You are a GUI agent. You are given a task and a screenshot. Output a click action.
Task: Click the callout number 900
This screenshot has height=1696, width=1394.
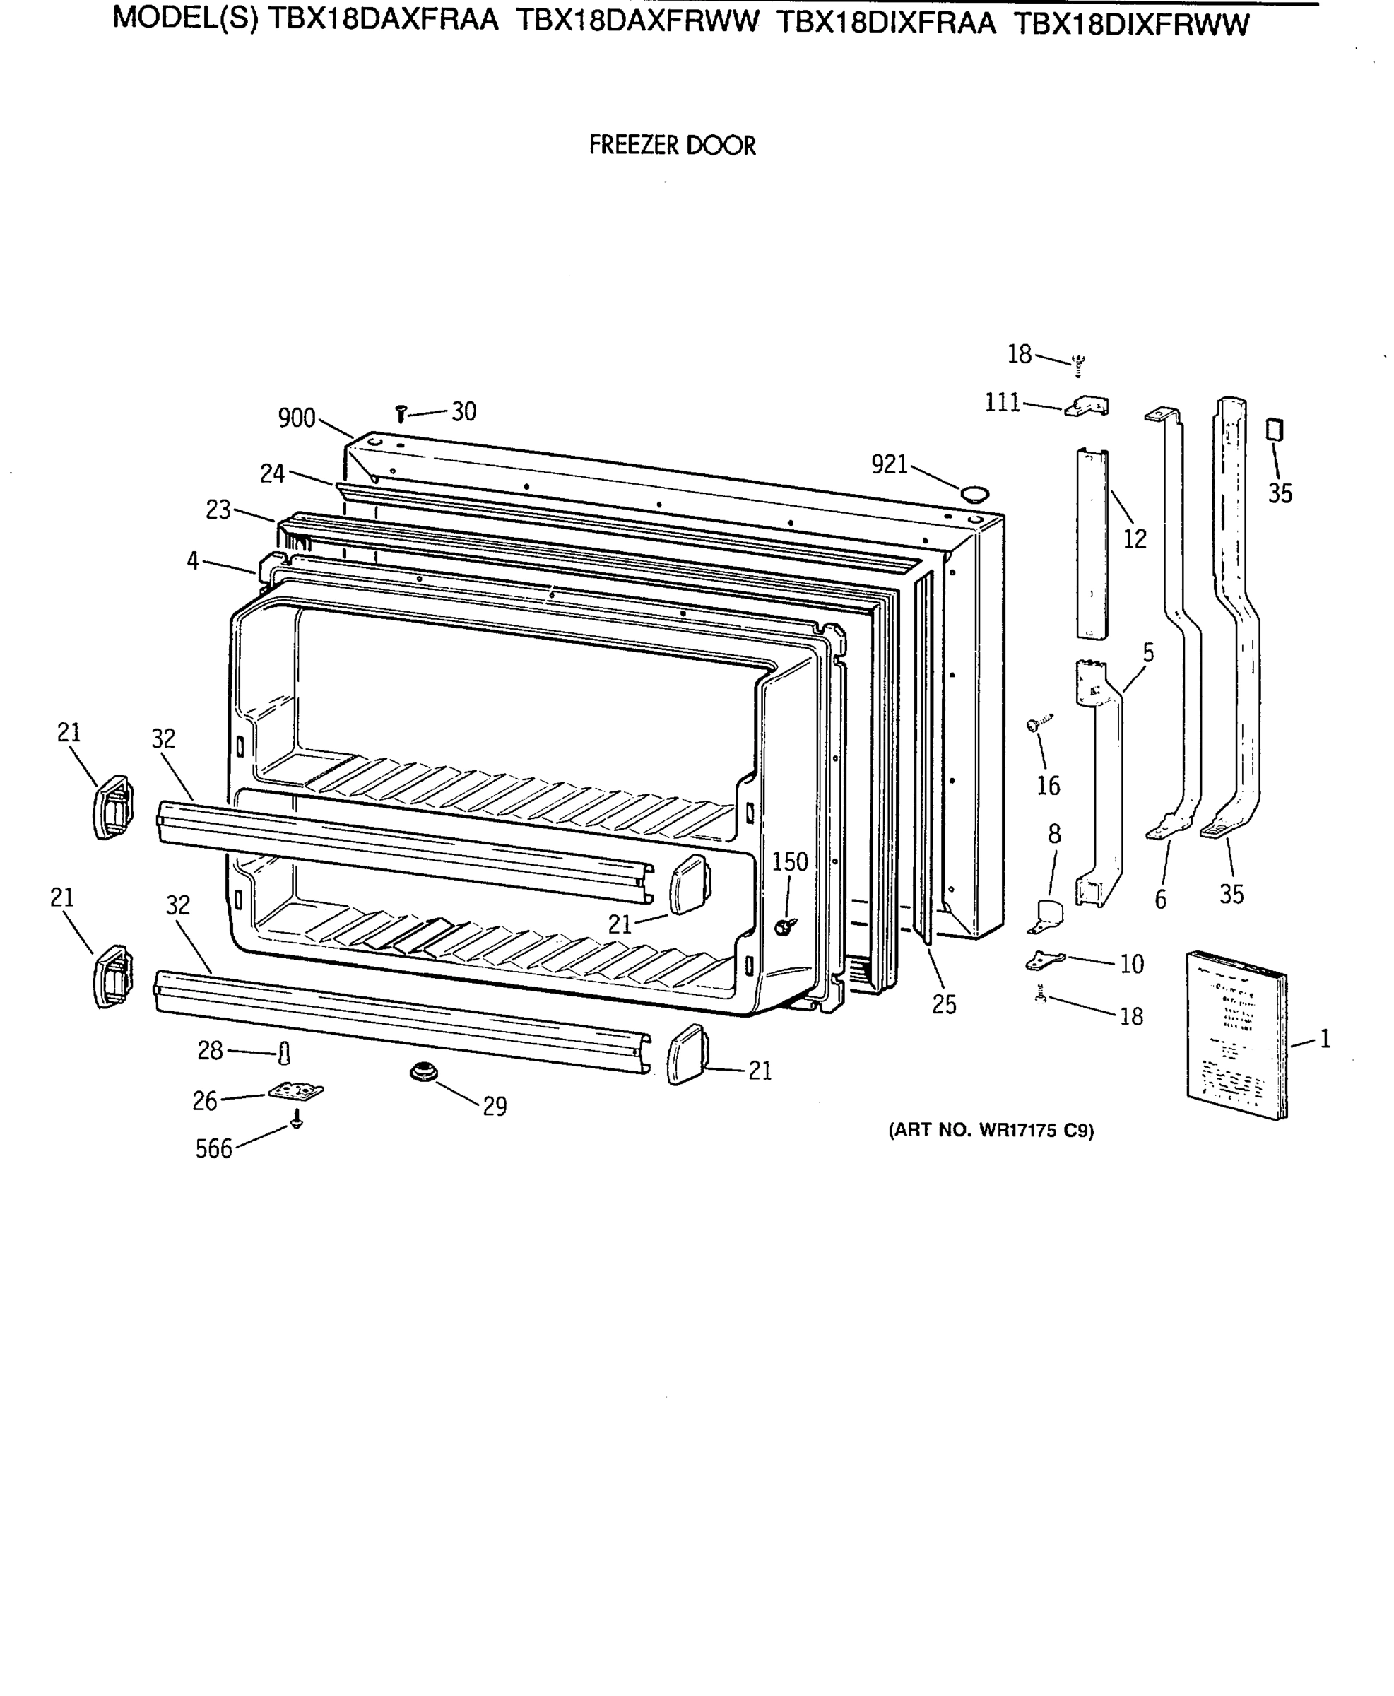pyautogui.click(x=296, y=418)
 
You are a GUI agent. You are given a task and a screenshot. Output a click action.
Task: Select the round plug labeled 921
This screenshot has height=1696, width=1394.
pyautogui.click(x=974, y=493)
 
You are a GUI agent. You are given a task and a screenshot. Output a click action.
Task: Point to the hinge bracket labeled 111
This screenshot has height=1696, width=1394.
pyautogui.click(x=1087, y=406)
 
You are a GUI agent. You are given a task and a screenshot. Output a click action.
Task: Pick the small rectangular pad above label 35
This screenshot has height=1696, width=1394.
pyautogui.click(x=1275, y=430)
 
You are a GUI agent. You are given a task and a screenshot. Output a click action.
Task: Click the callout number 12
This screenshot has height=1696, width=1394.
pyautogui.click(x=1135, y=538)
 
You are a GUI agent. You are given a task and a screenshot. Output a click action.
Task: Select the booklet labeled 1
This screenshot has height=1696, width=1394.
pyautogui.click(x=1236, y=1035)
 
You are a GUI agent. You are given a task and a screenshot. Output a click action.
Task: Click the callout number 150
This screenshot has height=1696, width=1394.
pyautogui.click(x=790, y=862)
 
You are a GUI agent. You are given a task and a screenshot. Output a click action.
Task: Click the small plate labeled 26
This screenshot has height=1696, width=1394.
pyautogui.click(x=296, y=1092)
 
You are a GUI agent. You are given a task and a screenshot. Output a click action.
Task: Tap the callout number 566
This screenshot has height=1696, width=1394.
pyautogui.click(x=213, y=1149)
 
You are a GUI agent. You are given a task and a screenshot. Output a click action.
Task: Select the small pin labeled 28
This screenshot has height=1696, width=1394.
pyautogui.click(x=283, y=1053)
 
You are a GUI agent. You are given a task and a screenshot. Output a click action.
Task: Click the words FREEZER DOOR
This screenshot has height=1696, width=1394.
pyautogui.click(x=672, y=146)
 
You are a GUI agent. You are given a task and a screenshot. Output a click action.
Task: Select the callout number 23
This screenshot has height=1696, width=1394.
pyautogui.click(x=218, y=510)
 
